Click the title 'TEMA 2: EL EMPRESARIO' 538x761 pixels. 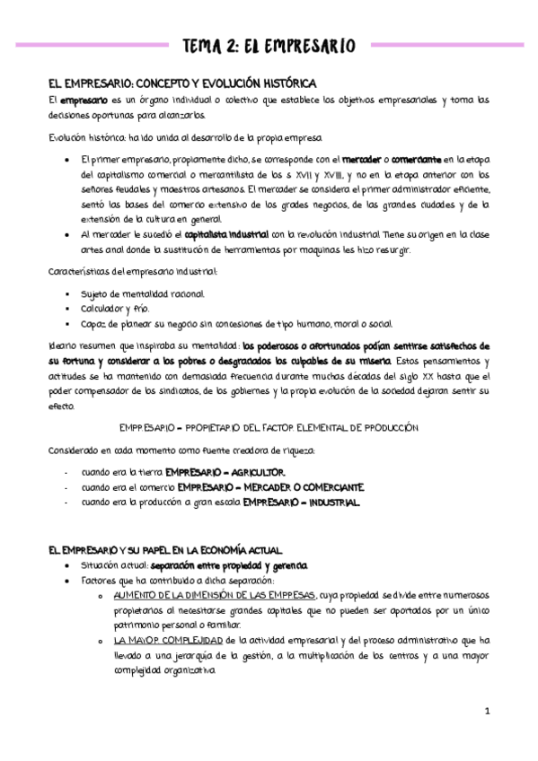tap(269, 46)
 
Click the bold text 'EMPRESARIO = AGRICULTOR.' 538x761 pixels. tap(231, 472)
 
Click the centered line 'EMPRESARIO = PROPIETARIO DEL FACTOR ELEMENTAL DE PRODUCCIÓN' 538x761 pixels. tap(269, 427)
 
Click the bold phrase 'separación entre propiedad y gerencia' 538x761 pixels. tap(229, 565)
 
